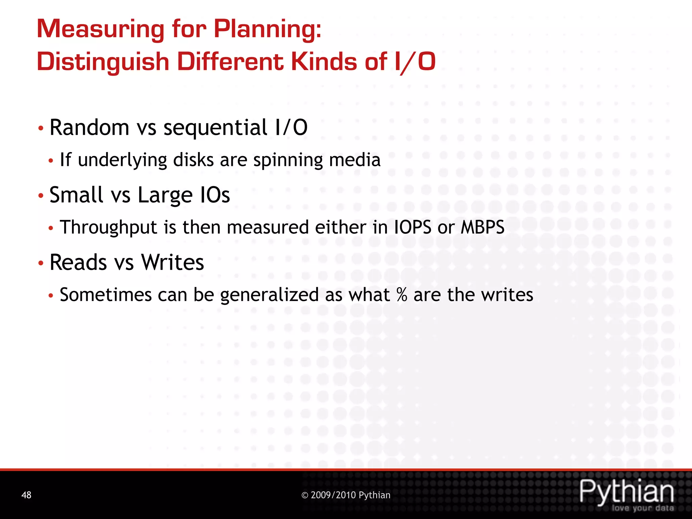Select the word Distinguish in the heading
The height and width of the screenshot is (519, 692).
pyautogui.click(x=103, y=63)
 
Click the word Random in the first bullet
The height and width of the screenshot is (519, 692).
pyautogui.click(x=90, y=127)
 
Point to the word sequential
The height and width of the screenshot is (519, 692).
pyautogui.click(x=216, y=127)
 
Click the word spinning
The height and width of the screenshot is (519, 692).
pyautogui.click(x=288, y=160)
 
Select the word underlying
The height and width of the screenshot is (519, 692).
pyautogui.click(x=122, y=160)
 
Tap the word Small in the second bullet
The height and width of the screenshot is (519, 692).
pyautogui.click(x=76, y=195)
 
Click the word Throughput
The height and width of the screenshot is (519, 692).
pyautogui.click(x=108, y=227)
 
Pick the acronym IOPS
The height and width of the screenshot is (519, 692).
pyautogui.click(x=413, y=227)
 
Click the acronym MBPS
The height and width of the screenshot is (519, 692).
pyautogui.click(x=483, y=227)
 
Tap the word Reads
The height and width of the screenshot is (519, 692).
pyautogui.click(x=78, y=262)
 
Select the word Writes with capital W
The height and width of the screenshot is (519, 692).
pyautogui.click(x=173, y=262)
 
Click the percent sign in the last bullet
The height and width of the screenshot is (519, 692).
pyautogui.click(x=402, y=295)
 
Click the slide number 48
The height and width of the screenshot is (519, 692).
pyautogui.click(x=26, y=495)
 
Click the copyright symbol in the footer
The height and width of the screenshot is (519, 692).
pyautogui.click(x=305, y=495)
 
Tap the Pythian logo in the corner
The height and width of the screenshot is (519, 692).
pyautogui.click(x=627, y=494)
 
